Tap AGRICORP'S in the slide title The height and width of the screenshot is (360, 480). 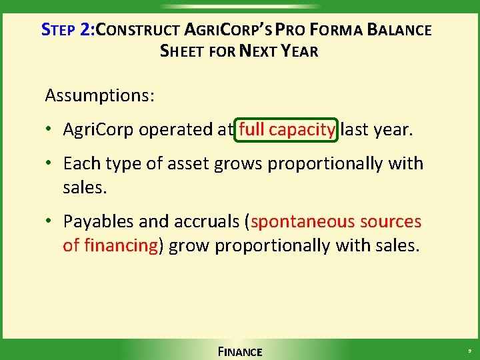[x=227, y=30]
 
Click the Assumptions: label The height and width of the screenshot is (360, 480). [x=100, y=95]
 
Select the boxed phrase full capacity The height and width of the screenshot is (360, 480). [x=287, y=129]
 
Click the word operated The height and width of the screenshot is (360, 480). [x=177, y=129]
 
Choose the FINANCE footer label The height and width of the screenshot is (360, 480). [x=240, y=351]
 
